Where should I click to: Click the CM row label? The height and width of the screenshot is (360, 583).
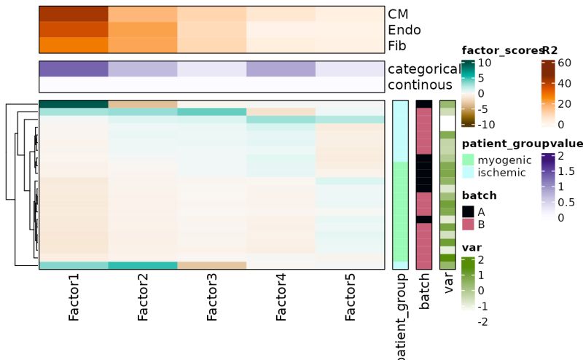[399, 14]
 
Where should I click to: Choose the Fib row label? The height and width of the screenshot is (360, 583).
[397, 46]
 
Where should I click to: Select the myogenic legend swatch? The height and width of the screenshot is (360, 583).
[468, 160]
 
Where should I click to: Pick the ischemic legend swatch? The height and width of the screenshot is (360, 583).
[468, 172]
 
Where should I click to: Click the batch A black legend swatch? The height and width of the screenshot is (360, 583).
[468, 211]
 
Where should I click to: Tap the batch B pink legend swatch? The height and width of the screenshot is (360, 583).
[468, 224]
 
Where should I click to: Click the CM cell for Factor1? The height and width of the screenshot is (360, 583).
[74, 14]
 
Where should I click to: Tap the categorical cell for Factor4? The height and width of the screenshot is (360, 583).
[281, 69]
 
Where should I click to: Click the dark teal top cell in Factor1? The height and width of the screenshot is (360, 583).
[74, 104]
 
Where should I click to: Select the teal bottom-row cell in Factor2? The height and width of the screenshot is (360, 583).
[143, 265]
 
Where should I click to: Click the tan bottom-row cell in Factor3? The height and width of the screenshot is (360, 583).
[212, 265]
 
